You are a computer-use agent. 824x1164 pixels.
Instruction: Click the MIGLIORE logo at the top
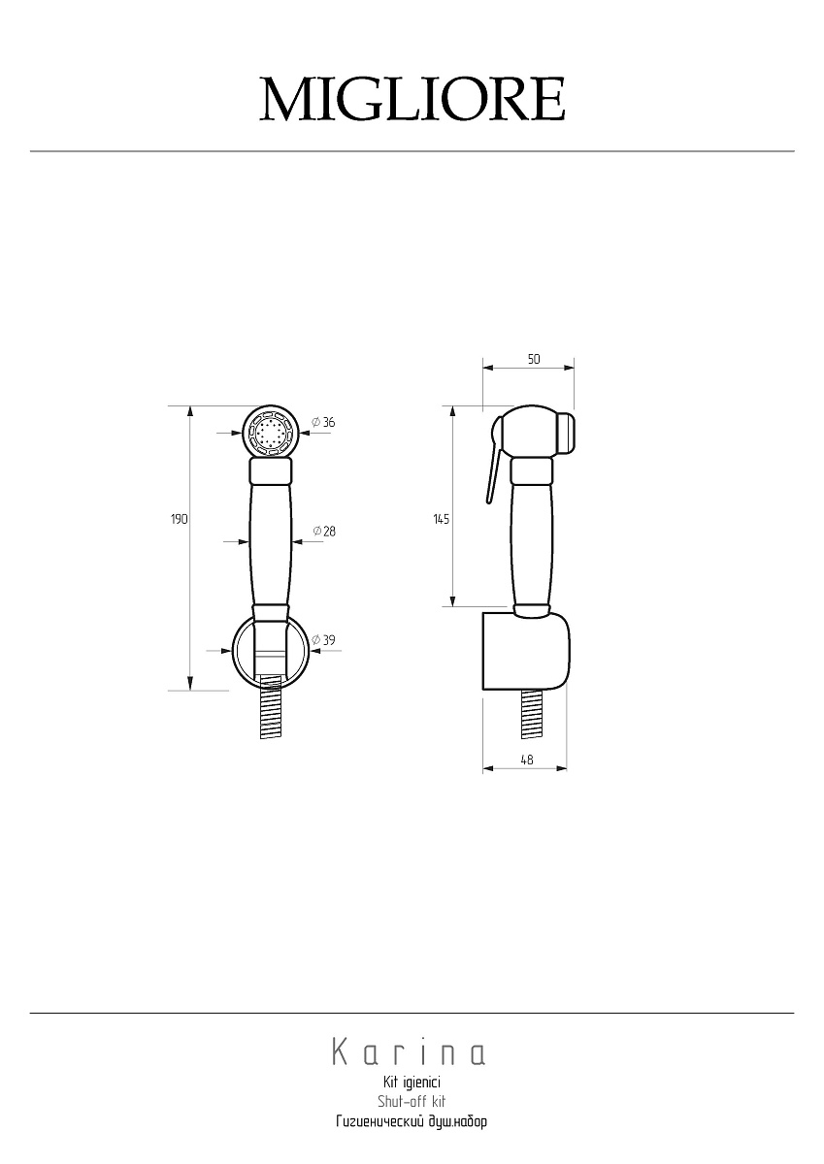pyautogui.click(x=412, y=99)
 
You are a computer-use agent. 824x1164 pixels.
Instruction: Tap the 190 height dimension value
pyautogui.click(x=180, y=519)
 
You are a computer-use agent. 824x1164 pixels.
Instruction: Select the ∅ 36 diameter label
pyautogui.click(x=323, y=422)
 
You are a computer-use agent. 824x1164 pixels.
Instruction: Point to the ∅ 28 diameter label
pyautogui.click(x=324, y=532)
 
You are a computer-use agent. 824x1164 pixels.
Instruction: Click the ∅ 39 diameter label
pyautogui.click(x=323, y=640)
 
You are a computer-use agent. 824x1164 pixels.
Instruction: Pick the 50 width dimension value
pyautogui.click(x=534, y=359)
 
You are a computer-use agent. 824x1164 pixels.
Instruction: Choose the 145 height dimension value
pyautogui.click(x=442, y=519)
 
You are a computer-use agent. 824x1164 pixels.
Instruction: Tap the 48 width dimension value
pyautogui.click(x=527, y=760)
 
